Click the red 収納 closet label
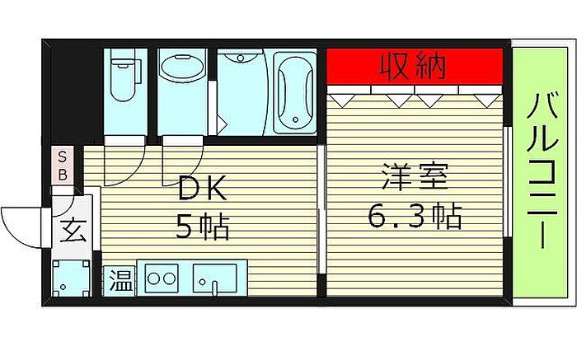coord(412,67)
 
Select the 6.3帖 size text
coord(415,216)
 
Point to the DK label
coord(202,188)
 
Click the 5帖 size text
coord(203,227)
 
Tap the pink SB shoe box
coord(63,166)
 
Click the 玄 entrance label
coord(73,230)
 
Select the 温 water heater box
coord(120,281)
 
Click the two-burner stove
coord(162,278)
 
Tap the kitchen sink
coord(215,278)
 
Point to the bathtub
coord(295,93)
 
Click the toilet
coord(124,79)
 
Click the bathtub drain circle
coord(295,119)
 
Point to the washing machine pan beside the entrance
coord(71,278)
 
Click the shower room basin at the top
coord(241,58)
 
